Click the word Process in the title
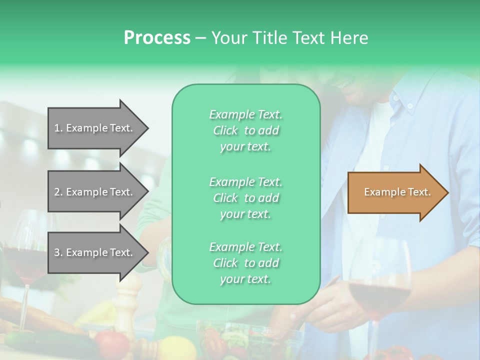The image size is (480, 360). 157,38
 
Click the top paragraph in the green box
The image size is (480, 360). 246,130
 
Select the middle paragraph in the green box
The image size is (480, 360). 246,197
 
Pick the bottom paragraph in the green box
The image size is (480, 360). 246,262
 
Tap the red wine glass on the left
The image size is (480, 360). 25,255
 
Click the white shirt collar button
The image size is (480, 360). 410,106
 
